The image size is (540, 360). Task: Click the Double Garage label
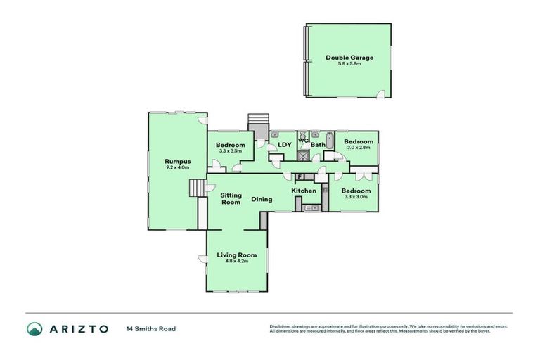349,58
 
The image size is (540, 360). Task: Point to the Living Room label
236,255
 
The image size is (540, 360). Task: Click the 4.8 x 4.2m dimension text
236,261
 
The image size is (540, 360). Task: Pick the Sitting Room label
231,198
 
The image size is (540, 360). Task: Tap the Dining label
262,199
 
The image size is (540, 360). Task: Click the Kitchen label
304,191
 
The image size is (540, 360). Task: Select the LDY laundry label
285,146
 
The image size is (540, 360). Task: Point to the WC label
303,140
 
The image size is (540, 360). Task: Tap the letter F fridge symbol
299,176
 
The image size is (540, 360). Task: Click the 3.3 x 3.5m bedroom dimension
231,150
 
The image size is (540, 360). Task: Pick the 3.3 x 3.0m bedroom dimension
356,197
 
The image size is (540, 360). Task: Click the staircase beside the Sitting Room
196,188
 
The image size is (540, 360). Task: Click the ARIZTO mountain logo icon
34,328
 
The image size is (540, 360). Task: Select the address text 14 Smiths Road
150,328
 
